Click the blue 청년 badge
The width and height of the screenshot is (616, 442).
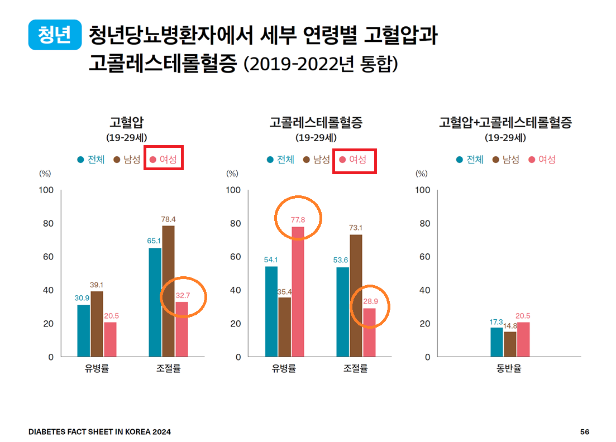pos(54,35)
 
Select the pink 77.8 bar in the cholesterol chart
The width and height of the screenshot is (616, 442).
pos(298,291)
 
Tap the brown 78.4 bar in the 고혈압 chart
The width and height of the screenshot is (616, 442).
pos(168,291)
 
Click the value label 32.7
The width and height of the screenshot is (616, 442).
pos(182,295)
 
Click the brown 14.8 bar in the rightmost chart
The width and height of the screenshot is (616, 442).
pos(510,344)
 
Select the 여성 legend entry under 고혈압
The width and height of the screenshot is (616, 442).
pos(163,160)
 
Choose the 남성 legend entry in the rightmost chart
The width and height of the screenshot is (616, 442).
pos(506,160)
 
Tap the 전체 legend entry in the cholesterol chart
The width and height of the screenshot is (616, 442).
pos(280,160)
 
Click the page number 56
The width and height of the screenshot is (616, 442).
pos(585,432)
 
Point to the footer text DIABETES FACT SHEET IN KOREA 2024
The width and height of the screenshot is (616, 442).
pos(100,432)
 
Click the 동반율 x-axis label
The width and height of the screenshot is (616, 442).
pos(509,369)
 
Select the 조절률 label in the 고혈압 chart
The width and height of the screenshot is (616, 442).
pos(168,369)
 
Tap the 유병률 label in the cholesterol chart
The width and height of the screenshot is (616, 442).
pos(284,369)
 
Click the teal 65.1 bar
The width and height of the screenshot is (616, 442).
pos(155,302)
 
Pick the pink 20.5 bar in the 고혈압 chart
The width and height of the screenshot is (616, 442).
pos(110,339)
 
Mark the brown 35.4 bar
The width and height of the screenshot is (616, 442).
pos(285,326)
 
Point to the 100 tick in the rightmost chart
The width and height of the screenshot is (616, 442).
pos(423,190)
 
